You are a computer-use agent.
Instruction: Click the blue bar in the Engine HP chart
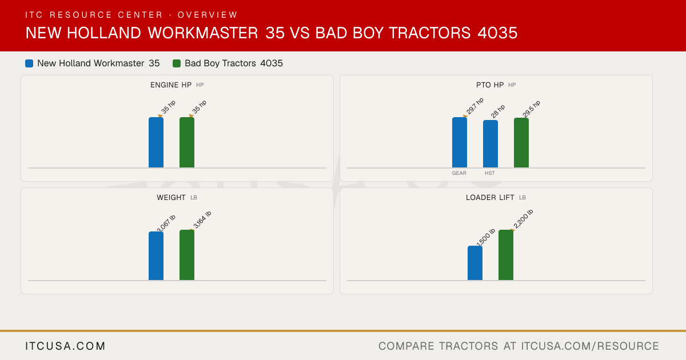156,142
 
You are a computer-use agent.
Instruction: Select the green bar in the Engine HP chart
187,142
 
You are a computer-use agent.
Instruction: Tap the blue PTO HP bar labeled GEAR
460,142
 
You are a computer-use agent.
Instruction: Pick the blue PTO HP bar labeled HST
490,144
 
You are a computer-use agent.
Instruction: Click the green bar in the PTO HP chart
521,143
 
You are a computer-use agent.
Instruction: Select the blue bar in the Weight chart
156,255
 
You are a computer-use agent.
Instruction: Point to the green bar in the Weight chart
187,255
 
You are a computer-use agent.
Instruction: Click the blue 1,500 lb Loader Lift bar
475,263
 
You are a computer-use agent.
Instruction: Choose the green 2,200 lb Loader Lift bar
506,255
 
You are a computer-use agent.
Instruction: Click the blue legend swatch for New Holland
29,63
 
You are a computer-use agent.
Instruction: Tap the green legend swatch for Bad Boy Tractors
177,63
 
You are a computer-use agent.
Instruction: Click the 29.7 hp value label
474,106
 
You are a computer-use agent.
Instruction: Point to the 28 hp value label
498,111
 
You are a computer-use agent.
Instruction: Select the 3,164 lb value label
202,220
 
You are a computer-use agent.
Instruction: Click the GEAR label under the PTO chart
459,173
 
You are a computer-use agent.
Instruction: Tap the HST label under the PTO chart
490,173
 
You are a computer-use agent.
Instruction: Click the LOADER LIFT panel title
490,198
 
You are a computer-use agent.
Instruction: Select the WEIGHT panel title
171,198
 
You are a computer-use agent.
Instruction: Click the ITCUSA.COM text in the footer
65,346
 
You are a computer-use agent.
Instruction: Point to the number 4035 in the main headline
497,33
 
